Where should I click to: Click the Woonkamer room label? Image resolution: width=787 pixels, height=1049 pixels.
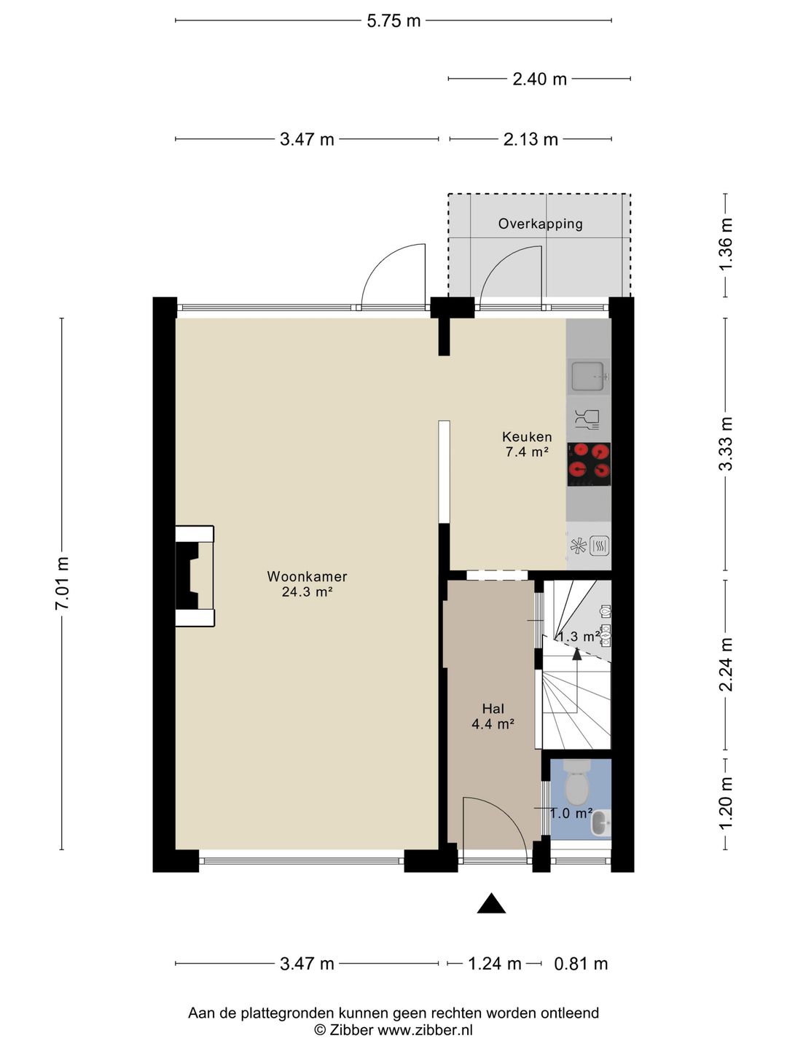tap(307, 576)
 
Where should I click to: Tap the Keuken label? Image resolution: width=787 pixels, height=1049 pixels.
tap(527, 436)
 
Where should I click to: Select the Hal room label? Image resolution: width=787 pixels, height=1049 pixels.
tap(493, 709)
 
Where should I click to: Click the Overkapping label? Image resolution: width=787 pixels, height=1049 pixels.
tap(541, 224)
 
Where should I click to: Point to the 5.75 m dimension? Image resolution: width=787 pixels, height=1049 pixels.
tap(393, 21)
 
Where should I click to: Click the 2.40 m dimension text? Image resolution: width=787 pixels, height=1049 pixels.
tap(539, 79)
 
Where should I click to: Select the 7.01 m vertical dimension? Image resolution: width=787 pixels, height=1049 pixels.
tap(62, 583)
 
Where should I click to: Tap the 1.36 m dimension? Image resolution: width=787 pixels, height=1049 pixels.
tap(726, 244)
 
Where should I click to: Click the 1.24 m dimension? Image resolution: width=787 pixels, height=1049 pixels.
tap(494, 964)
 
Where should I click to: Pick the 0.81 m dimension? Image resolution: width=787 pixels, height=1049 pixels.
tap(581, 964)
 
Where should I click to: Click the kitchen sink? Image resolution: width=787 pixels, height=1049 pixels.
tap(590, 377)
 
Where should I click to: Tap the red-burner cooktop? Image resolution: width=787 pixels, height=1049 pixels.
tap(590, 465)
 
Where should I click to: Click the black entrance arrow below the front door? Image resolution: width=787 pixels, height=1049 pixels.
tap(491, 903)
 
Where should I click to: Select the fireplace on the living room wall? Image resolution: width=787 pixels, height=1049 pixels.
tap(195, 576)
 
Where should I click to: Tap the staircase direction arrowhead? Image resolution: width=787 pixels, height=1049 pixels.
tap(577, 654)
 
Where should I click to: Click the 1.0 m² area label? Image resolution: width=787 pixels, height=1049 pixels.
tap(571, 813)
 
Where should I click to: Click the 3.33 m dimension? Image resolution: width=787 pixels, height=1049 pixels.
tap(726, 444)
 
